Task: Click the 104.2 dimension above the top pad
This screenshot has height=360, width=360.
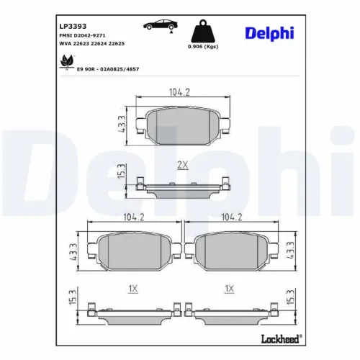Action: coord(178,92)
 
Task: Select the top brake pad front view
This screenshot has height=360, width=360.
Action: coord(182,127)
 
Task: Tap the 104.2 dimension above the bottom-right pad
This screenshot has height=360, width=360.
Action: coord(230,216)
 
